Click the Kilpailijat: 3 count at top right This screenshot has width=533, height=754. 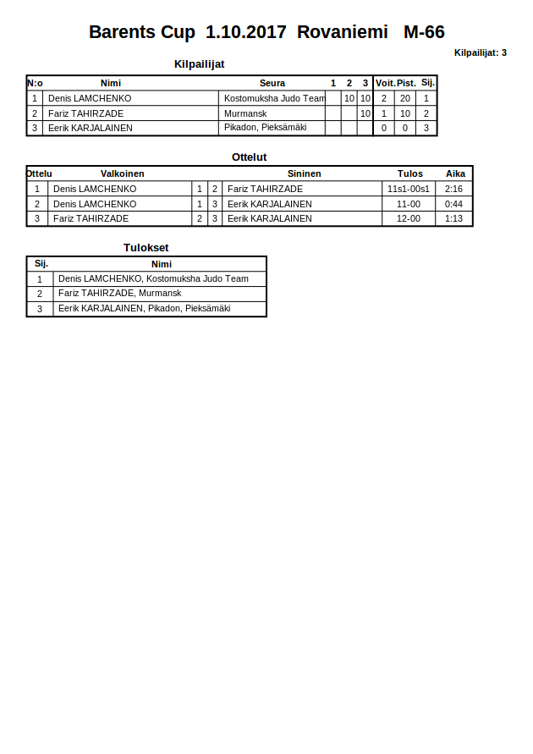click(x=480, y=52)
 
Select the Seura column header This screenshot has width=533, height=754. click(x=272, y=83)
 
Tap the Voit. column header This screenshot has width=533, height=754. click(x=385, y=83)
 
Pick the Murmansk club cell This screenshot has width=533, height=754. click(x=245, y=113)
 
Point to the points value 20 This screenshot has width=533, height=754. click(x=405, y=98)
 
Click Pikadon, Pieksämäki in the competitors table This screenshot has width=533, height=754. click(x=265, y=128)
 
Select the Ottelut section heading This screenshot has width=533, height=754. click(x=250, y=157)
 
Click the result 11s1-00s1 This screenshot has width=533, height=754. click(x=409, y=189)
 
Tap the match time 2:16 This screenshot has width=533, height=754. click(x=453, y=189)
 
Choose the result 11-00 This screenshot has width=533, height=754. click(x=409, y=204)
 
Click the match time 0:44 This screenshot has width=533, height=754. click(x=453, y=204)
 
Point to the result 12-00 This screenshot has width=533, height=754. click(x=409, y=218)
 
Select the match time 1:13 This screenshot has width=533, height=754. click(x=453, y=218)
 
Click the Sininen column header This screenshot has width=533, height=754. click(x=305, y=173)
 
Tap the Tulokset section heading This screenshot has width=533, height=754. click(x=146, y=248)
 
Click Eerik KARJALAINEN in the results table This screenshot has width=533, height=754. click(x=144, y=309)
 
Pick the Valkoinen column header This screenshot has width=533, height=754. click(x=123, y=173)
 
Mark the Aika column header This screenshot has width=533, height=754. click(x=456, y=173)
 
